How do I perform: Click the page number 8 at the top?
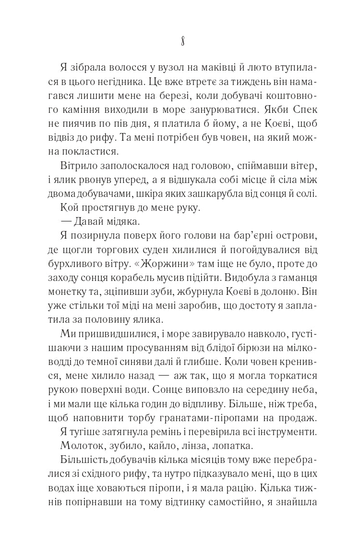tap(180, 41)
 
